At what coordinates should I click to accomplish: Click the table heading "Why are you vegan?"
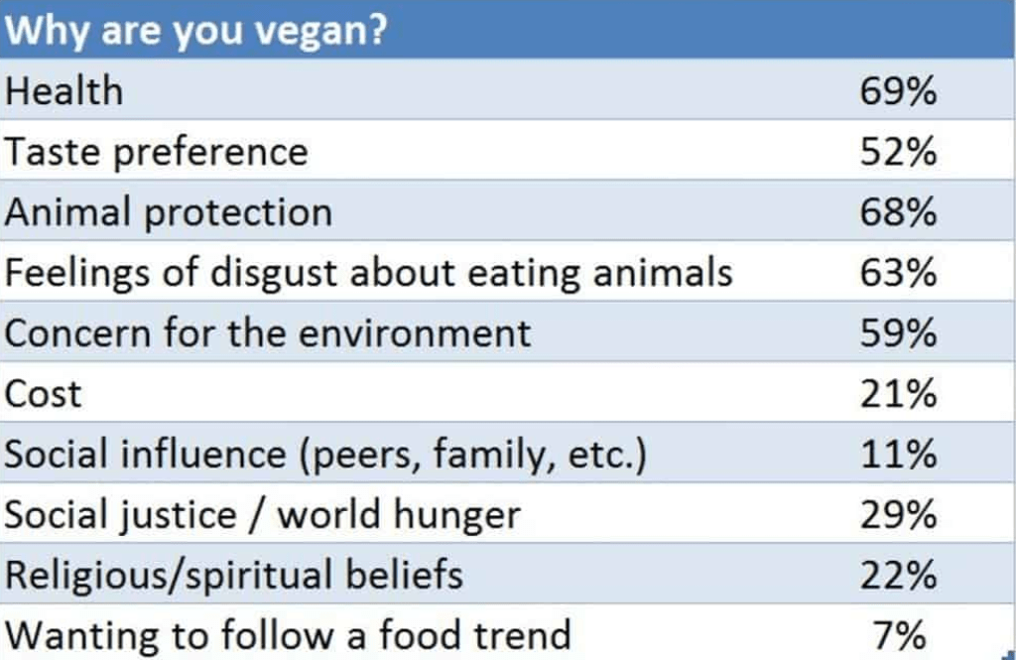195,30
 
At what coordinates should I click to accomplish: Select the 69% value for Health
898,90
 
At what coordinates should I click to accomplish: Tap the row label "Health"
63,90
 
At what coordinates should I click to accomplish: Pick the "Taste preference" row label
156,153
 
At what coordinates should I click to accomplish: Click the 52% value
898,152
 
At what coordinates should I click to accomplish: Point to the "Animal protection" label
169,212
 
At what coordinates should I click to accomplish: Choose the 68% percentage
898,212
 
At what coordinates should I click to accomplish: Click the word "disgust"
276,273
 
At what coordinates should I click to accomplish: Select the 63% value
898,272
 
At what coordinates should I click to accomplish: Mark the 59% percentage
898,333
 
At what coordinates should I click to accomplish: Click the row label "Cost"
44,394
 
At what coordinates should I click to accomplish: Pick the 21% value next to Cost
898,394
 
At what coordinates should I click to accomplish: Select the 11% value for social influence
898,454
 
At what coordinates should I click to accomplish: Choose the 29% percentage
898,515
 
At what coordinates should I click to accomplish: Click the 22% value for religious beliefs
898,575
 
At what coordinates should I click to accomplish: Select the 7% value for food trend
900,635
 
